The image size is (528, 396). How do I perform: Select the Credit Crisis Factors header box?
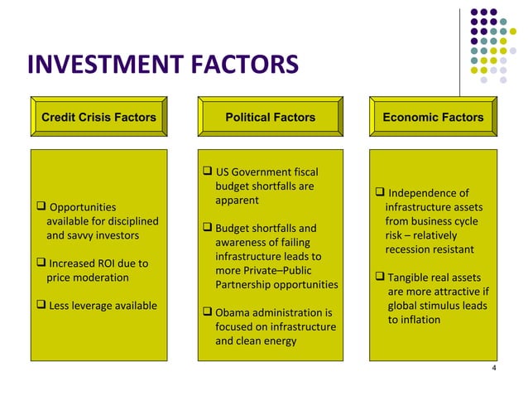[98, 118]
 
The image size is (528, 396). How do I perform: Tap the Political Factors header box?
[271, 118]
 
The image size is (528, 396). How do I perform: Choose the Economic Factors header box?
[433, 118]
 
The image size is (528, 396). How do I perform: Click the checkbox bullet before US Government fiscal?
[207, 172]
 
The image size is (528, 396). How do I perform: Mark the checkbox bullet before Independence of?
[380, 193]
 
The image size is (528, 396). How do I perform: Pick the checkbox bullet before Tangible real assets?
[380, 277]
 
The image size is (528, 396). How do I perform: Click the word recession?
[410, 249]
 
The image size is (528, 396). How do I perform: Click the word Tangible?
[411, 278]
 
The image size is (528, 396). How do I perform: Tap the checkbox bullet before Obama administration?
[207, 312]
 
